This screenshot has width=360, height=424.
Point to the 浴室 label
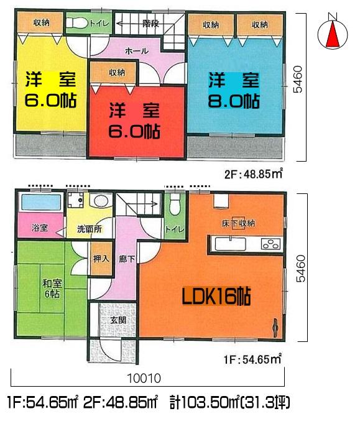(39, 228)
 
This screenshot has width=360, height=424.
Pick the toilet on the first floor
(175, 203)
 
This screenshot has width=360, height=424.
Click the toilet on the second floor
(78, 24)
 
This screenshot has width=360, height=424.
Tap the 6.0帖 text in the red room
(135, 131)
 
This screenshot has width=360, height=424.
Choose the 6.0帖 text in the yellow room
(50, 101)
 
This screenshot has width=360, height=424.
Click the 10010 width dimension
(147, 378)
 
